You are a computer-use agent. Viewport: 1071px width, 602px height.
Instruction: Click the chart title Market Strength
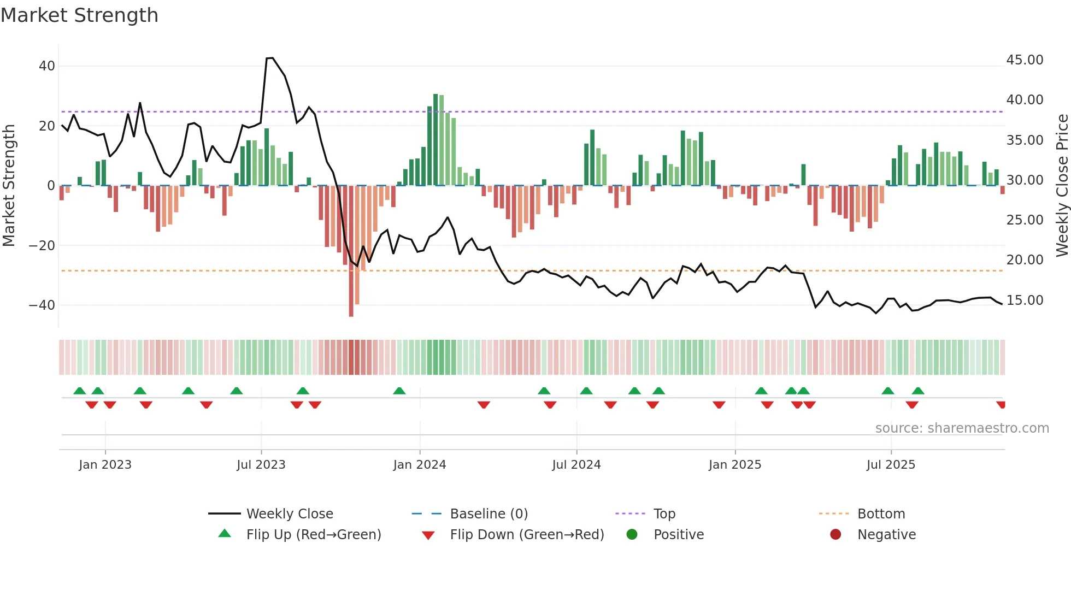coord(79,15)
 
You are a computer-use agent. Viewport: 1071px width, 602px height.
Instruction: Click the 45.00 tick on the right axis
coord(1025,60)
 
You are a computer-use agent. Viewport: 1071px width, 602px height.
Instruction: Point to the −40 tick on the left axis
coord(42,305)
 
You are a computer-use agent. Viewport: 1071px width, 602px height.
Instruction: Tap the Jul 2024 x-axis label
coord(576,465)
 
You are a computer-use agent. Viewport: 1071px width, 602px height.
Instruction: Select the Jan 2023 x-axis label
coord(105,465)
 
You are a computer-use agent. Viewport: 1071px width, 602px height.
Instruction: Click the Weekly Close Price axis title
coord(1062,186)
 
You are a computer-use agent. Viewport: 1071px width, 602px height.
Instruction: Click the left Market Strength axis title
coord(9,186)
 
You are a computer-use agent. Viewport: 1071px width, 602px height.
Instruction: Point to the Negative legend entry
coord(886,535)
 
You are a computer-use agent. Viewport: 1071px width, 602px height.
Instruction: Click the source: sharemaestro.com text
coord(962,428)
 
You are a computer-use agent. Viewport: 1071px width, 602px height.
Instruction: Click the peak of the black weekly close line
coord(270,58)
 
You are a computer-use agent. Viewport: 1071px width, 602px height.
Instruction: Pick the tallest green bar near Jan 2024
coord(436,139)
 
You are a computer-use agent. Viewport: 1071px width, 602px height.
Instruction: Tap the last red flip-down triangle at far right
coord(1001,405)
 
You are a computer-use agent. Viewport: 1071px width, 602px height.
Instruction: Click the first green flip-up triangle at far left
coord(80,391)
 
